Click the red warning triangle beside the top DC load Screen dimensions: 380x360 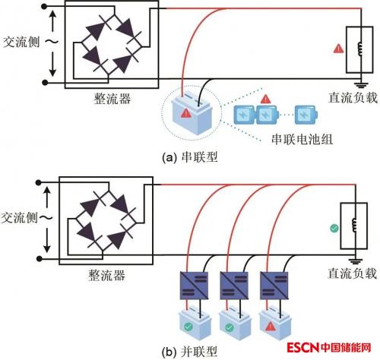pos(338,49)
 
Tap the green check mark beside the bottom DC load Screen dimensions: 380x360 pos(334,228)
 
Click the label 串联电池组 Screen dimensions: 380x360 pos(302,139)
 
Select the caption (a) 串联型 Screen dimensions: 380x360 pos(190,157)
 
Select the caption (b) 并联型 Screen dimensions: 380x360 pos(190,352)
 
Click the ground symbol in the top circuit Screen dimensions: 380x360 pos(361,84)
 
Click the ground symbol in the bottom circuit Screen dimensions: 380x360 pos(355,261)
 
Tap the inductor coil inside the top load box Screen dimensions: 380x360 pos(359,49)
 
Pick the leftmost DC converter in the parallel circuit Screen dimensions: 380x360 pos(194,286)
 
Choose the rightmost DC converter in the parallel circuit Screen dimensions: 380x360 pos(274,286)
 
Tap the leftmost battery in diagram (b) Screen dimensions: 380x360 pos(195,322)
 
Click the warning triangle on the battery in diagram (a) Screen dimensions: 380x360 pos(186,113)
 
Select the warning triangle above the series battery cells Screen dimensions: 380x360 pos(265,99)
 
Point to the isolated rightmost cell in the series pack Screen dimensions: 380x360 pos(306,115)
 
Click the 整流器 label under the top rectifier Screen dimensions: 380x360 pos(112,98)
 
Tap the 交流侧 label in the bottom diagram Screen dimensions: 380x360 pos(19,218)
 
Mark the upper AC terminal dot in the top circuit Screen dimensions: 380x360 pos(44,7)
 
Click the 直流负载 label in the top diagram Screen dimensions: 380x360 pos(353,98)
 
